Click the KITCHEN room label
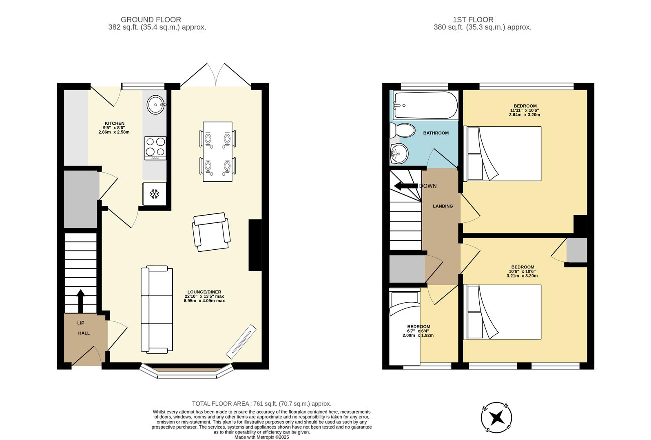114,123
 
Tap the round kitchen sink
155,105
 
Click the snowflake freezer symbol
154,194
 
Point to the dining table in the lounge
217,152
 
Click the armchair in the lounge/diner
211,232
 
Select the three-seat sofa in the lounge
157,310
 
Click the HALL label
84,333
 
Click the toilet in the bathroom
401,130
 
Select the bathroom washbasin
399,154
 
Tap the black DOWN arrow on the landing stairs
406,186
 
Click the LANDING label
443,206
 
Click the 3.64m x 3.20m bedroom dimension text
524,115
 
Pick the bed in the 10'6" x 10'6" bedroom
504,312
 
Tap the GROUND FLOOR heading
151,20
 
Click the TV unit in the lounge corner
241,339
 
